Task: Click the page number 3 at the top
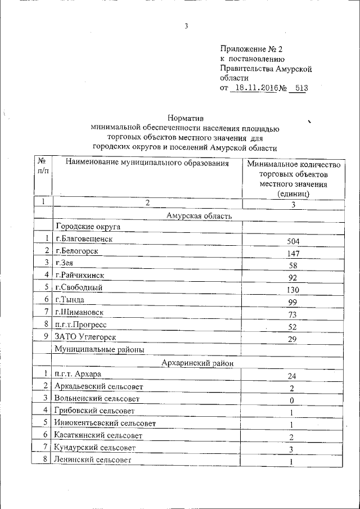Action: [x=186, y=25]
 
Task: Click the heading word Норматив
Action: [x=185, y=119]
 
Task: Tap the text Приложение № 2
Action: [x=251, y=49]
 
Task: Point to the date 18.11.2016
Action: [x=254, y=88]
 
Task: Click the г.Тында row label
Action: [x=71, y=300]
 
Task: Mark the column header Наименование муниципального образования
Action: [x=147, y=164]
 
